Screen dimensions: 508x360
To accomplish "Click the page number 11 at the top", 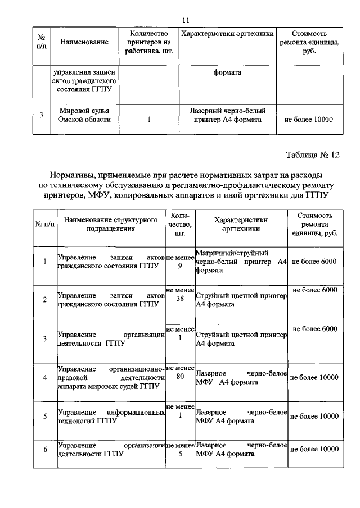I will click(185, 21).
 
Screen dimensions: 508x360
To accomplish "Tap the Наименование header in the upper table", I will click(84, 42).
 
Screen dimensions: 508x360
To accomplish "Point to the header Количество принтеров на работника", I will click(148, 42).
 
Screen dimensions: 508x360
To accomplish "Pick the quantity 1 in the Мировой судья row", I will click(148, 120).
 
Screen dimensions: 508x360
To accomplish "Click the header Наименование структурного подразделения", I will click(110, 225).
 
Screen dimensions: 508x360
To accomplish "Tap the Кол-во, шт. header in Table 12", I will click(180, 225).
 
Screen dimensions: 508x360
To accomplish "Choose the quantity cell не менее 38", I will click(180, 294).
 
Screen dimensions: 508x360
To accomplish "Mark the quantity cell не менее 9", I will click(180, 262).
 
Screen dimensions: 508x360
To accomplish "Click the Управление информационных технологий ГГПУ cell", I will click(111, 416).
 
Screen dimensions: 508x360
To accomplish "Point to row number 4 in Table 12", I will click(45, 377).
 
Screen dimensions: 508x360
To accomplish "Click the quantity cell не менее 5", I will click(180, 450).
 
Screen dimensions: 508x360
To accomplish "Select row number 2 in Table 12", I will click(45, 300).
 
